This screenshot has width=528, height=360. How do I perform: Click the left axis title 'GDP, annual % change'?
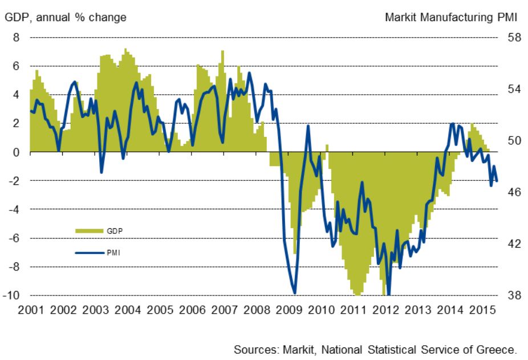[66, 18]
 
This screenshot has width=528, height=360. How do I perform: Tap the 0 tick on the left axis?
[17, 152]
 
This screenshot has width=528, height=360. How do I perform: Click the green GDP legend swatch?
[89, 230]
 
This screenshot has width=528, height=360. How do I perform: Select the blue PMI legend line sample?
[89, 252]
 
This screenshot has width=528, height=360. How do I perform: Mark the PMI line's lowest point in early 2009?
[294, 293]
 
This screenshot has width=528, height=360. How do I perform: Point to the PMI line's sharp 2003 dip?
[101, 172]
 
